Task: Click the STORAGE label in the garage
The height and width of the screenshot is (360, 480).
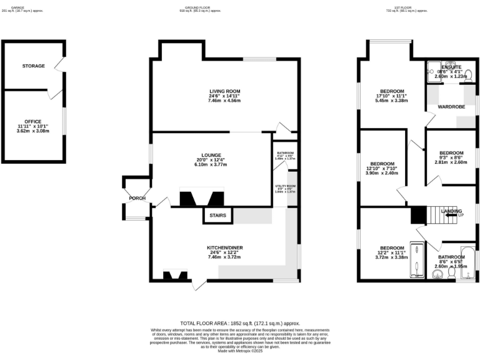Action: pyautogui.click(x=33, y=66)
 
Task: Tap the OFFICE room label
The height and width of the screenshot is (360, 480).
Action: pyautogui.click(x=32, y=121)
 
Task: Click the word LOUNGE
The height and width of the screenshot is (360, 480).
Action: pyautogui.click(x=211, y=155)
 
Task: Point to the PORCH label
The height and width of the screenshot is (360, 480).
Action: pyautogui.click(x=137, y=198)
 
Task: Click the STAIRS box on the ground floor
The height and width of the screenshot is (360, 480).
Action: pyautogui.click(x=217, y=216)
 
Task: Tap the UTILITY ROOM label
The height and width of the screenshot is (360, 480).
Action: pyautogui.click(x=285, y=186)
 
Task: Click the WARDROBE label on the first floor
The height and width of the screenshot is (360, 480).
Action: pyautogui.click(x=451, y=107)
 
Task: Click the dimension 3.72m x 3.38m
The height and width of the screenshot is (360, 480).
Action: pyautogui.click(x=391, y=257)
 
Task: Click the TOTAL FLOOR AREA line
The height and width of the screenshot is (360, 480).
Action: pyautogui.click(x=239, y=322)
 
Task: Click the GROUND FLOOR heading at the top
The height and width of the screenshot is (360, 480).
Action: pyautogui.click(x=200, y=7)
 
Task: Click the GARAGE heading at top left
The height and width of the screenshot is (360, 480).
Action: pyautogui.click(x=17, y=7)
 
